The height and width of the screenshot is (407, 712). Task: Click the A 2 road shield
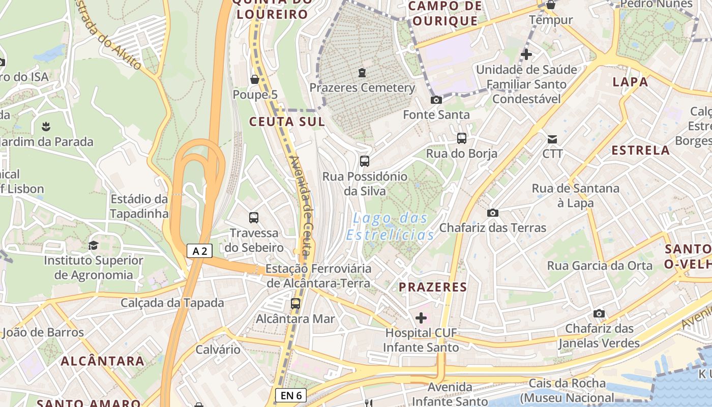click(x=199, y=251)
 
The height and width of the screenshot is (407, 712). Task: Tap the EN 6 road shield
click(x=291, y=395)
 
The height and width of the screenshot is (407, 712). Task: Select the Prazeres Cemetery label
click(x=362, y=88)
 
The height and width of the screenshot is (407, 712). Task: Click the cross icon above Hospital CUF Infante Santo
click(x=421, y=318)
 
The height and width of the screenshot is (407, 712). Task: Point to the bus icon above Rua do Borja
click(x=462, y=138)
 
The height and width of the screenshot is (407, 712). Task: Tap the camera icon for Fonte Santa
click(x=436, y=100)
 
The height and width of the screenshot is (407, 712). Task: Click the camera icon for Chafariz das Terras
click(x=492, y=213)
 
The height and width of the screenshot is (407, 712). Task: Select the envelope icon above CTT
click(x=552, y=139)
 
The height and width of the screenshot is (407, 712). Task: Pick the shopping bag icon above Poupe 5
click(x=255, y=79)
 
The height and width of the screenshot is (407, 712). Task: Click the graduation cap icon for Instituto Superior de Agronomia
click(x=93, y=246)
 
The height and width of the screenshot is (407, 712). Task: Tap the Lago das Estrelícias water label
click(x=390, y=227)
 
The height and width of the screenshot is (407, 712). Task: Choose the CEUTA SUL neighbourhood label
click(x=287, y=122)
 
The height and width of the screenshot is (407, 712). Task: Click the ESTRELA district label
click(x=640, y=150)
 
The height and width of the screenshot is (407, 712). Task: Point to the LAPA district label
click(x=630, y=81)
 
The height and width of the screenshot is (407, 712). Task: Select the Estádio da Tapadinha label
click(x=139, y=206)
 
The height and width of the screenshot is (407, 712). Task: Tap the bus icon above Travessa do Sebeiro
click(x=254, y=218)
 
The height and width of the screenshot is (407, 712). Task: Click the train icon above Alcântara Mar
click(x=295, y=304)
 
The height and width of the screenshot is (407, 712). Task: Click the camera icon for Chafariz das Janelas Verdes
click(x=599, y=313)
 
